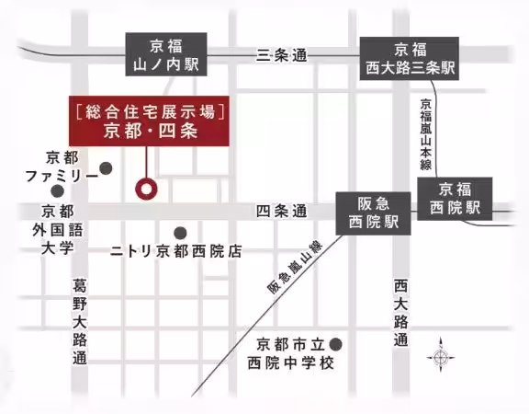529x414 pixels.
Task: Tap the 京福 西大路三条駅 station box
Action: point(410,58)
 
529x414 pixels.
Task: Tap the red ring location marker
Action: point(147,189)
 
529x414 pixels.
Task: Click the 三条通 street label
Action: point(282,54)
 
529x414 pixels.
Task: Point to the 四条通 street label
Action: point(282,212)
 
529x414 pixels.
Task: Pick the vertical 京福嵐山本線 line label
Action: point(426,135)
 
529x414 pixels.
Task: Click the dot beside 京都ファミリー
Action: point(107,168)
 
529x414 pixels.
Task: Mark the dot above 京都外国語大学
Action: point(57,191)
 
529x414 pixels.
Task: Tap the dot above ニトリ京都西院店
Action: point(180,233)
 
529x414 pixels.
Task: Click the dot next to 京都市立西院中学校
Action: point(336,344)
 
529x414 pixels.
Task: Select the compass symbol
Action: point(441,356)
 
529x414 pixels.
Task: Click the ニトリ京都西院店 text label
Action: point(176,250)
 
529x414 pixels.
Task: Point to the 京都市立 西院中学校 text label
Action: point(287,353)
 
